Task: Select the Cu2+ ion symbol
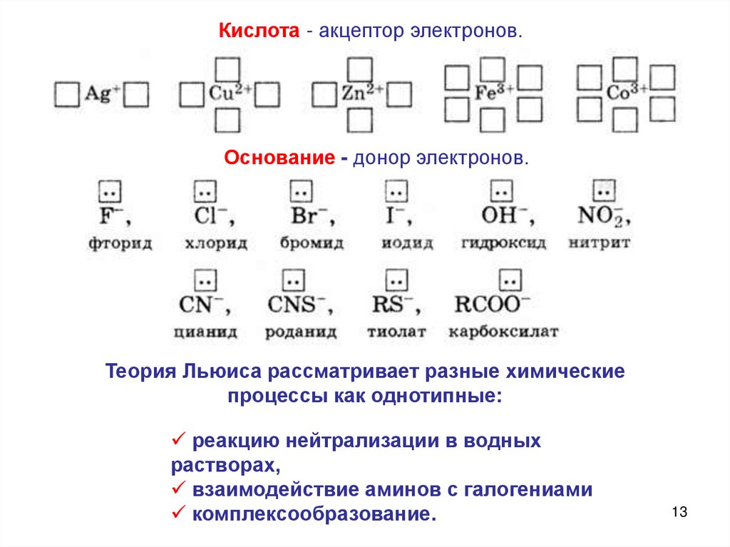pos(227,93)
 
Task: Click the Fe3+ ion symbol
pos(491,93)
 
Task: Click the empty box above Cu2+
pos(227,68)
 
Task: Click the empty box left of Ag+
pos(66,94)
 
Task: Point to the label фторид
pos(120,243)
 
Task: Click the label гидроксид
pos(503,243)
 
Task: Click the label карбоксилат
pos(503,332)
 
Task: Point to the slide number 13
pos(678,512)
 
